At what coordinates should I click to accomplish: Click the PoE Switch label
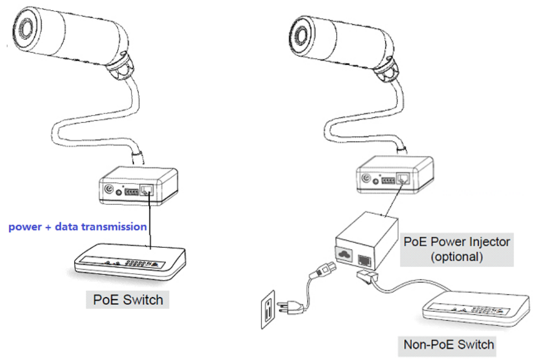click(128, 300)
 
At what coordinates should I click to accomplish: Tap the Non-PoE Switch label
click(448, 345)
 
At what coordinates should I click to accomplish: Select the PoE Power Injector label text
click(457, 242)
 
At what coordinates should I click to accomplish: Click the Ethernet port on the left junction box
click(148, 190)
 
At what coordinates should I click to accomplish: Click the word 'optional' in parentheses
click(457, 257)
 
